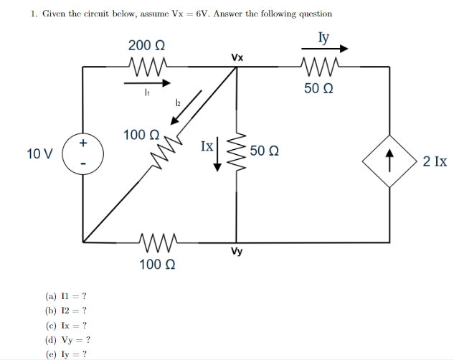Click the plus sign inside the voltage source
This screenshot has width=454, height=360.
[x=83, y=143]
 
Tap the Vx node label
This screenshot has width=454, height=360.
[x=237, y=56]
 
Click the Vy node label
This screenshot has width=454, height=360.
[x=236, y=252]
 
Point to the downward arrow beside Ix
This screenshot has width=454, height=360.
[x=219, y=157]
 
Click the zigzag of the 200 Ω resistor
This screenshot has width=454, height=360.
[x=149, y=67]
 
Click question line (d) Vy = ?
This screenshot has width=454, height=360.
[x=67, y=341]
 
